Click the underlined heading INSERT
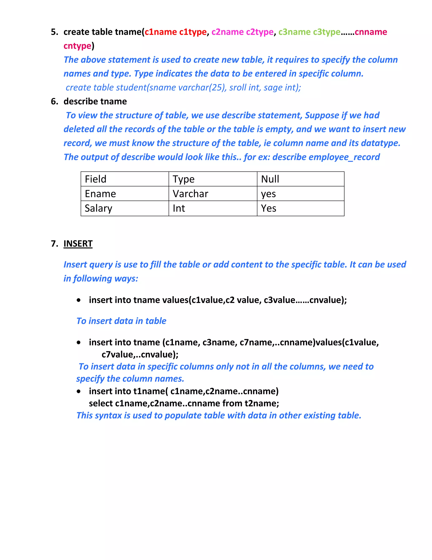[78, 244]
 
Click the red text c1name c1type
[175, 32]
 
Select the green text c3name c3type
[309, 32]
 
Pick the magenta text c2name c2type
[242, 32]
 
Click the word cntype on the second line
[77, 46]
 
